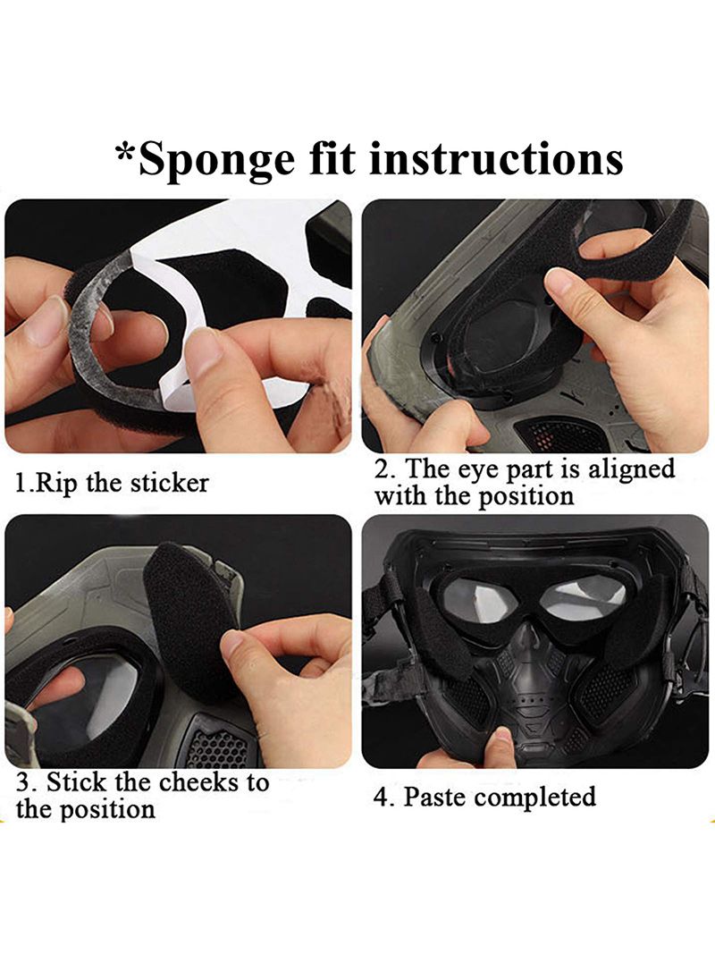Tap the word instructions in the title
pyautogui.click(x=495, y=158)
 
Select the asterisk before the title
pyautogui.click(x=125, y=152)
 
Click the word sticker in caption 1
pyautogui.click(x=169, y=483)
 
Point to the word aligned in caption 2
pyautogui.click(x=632, y=469)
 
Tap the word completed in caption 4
pyautogui.click(x=535, y=797)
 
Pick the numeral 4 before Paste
pyautogui.click(x=381, y=797)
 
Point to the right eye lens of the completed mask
pyautogui.click(x=583, y=598)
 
